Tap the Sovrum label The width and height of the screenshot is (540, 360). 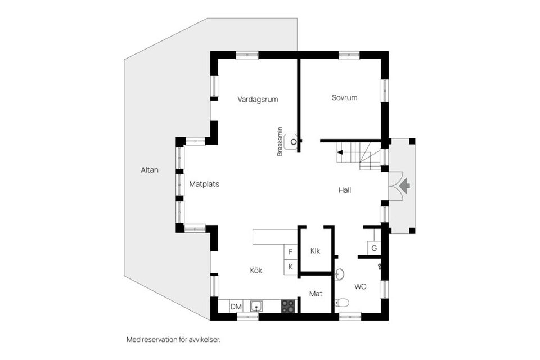point(344,97)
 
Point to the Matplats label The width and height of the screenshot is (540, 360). point(204,183)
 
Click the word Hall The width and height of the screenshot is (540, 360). point(345,190)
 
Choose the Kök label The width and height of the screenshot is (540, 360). point(256,271)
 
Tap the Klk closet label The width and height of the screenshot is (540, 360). point(315,251)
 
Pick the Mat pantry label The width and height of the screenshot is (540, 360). point(316,293)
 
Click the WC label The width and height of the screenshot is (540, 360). point(361,286)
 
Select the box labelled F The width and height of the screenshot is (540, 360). point(291,252)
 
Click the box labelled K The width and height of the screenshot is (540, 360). point(291,267)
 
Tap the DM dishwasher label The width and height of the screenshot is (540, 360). point(236,307)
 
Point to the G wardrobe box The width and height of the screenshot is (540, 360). point(373,248)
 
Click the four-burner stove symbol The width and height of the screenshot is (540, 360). point(288,306)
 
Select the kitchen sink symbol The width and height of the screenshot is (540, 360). point(256,306)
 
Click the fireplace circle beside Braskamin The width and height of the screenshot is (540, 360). point(293,141)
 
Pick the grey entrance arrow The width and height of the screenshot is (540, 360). point(405,185)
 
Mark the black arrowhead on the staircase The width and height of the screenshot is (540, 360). point(340,152)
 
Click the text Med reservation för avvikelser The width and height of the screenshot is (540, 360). point(173,340)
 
